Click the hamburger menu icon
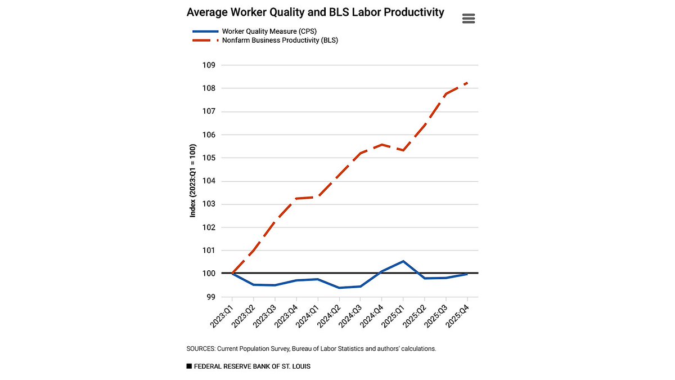(x=469, y=18)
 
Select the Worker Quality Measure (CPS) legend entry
(x=256, y=31)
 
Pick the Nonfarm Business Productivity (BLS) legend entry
(x=264, y=41)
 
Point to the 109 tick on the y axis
(x=209, y=65)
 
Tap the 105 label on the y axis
(x=209, y=158)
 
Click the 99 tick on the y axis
(x=211, y=297)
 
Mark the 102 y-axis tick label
(x=209, y=227)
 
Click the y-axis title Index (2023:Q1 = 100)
(x=192, y=180)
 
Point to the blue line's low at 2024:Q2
(x=339, y=288)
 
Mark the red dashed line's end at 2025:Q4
(x=467, y=83)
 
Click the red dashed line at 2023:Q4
(x=296, y=198)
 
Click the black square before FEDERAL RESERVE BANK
(x=189, y=366)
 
